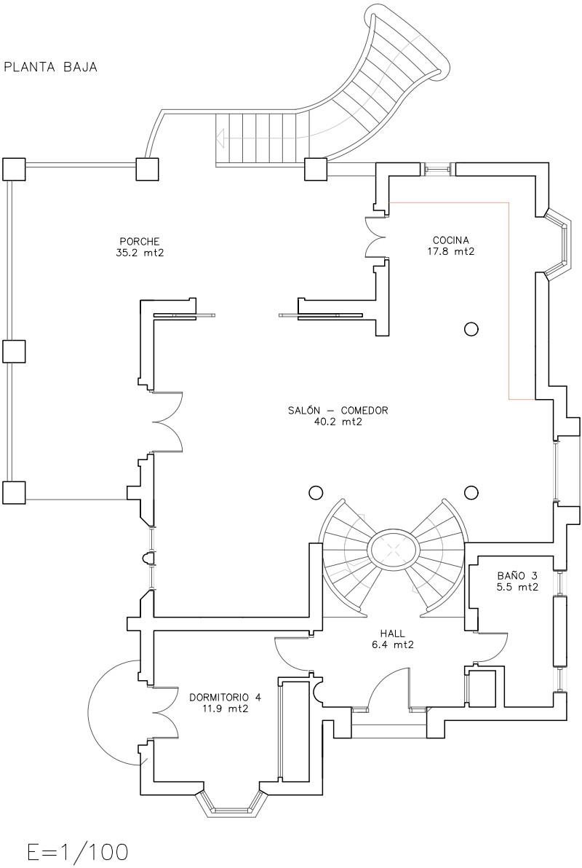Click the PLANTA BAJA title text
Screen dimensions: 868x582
tap(51, 68)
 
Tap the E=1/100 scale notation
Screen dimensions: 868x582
tap(77, 852)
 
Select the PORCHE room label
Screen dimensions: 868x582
tap(140, 242)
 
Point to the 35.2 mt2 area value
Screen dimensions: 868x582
tap(140, 253)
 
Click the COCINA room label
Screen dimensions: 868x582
tap(451, 240)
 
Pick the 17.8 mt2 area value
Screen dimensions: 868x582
tap(451, 252)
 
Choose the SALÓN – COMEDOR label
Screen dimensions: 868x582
tap(338, 411)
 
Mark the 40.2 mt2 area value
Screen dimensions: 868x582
tap(338, 422)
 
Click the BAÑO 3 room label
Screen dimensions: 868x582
tap(517, 575)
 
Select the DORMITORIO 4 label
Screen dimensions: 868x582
tap(225, 697)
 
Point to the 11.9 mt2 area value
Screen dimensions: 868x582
tap(225, 708)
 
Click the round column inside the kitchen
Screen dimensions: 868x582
tap(471, 329)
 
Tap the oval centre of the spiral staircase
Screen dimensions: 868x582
tap(392, 550)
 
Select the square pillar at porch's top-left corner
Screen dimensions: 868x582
tap(14, 169)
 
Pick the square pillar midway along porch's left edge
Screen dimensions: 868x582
tap(14, 351)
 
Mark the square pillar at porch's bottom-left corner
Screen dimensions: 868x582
tap(14, 492)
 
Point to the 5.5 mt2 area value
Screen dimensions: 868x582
tap(517, 587)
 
